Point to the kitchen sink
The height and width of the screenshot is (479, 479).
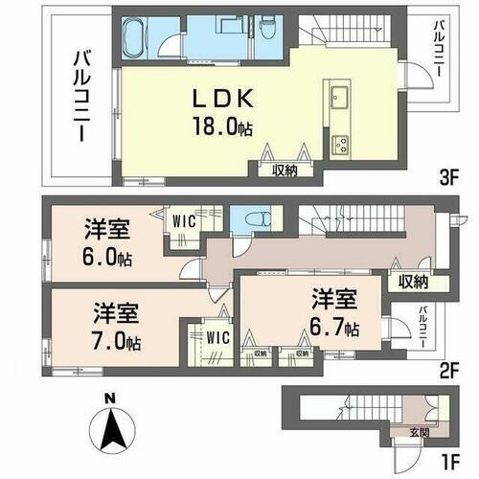click(x=341, y=96)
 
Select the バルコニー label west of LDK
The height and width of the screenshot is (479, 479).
click(x=80, y=99)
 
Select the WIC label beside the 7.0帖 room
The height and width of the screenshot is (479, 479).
click(x=217, y=336)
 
